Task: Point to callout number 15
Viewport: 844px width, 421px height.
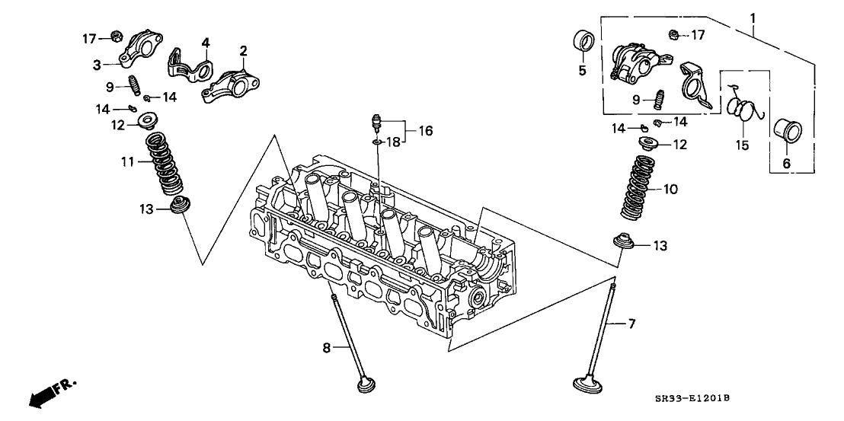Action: tap(743, 143)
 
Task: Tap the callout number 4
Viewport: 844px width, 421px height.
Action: tap(204, 43)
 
